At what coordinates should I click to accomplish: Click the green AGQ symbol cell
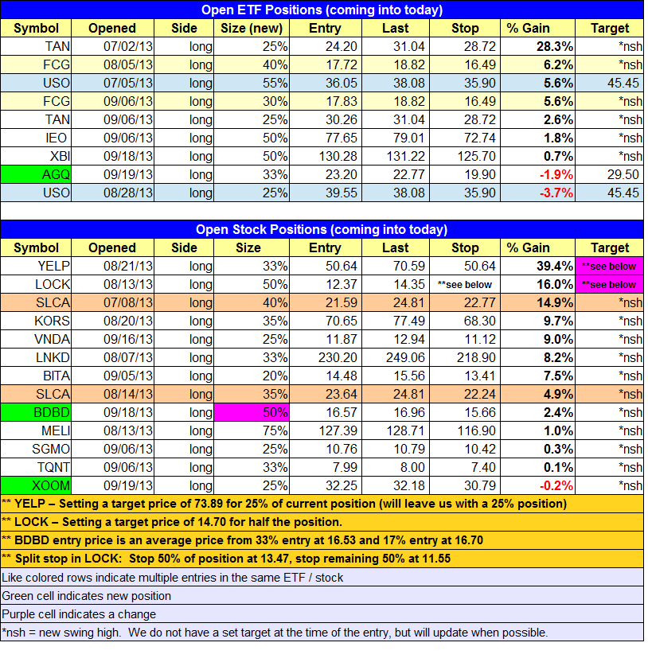tap(36, 174)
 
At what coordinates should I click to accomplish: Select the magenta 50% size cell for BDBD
tap(252, 412)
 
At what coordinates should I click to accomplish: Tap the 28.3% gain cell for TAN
tap(537, 46)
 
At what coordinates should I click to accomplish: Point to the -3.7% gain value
tap(556, 193)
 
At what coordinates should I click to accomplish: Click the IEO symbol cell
tap(36, 138)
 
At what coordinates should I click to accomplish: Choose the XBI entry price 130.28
tap(338, 156)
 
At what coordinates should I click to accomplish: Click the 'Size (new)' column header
tap(252, 28)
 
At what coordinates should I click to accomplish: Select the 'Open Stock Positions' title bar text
tap(322, 229)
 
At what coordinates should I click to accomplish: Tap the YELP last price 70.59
tap(408, 266)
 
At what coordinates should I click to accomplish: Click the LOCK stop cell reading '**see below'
tap(465, 285)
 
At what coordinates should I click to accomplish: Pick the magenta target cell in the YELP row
tap(609, 266)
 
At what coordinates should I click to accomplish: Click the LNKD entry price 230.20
tap(338, 357)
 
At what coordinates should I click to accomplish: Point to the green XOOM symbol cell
tap(36, 485)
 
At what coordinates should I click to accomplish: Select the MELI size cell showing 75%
tap(252, 430)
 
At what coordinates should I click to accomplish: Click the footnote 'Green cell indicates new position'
tap(86, 596)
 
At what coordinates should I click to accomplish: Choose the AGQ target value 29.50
tap(623, 174)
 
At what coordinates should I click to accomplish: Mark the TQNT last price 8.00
tap(412, 467)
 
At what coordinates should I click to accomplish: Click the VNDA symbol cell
tap(36, 339)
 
